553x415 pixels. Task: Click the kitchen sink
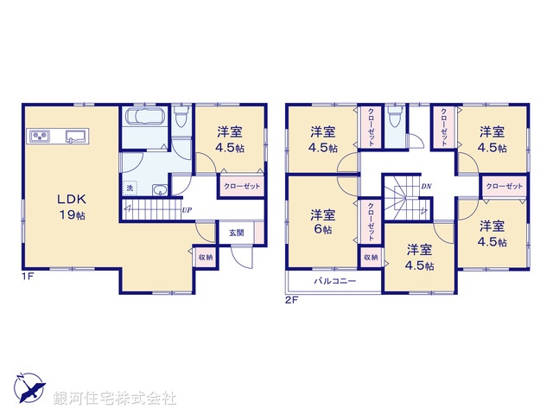point(74,135)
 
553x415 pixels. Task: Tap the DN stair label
point(426,186)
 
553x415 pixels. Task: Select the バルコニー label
point(330,281)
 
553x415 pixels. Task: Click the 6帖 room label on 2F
point(323,223)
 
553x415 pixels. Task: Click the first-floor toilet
point(180,118)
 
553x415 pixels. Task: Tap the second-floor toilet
point(396,118)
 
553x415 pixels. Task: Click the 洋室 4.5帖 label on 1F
point(229,139)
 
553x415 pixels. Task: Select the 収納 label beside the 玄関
point(205,256)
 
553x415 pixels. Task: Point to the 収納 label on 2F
point(370,257)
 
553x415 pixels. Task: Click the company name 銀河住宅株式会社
point(115,399)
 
